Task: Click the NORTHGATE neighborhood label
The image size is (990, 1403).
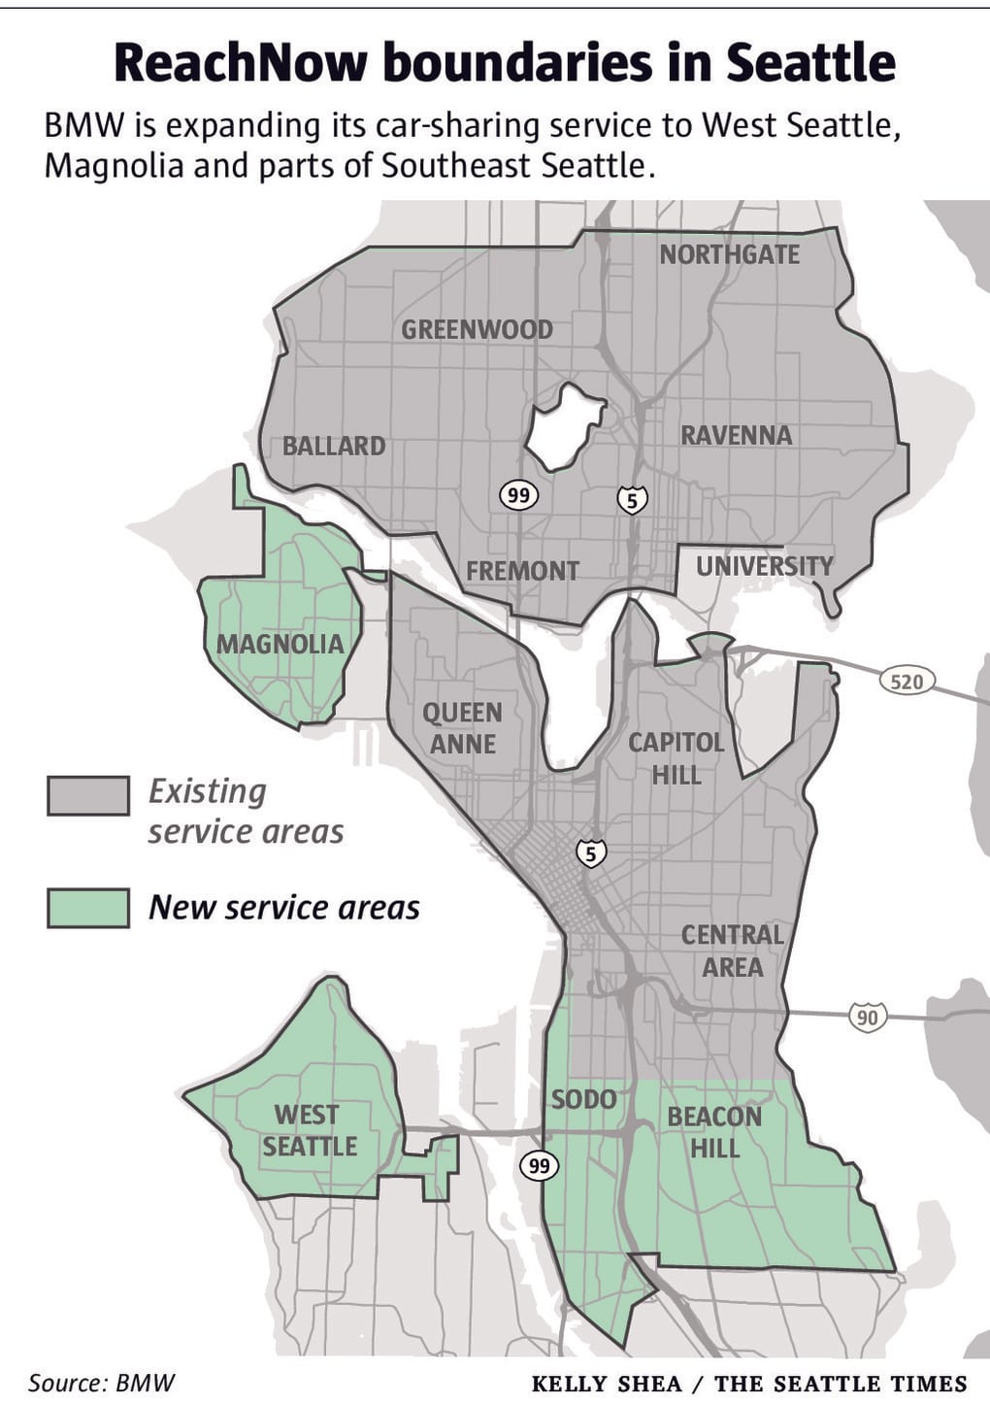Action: click(x=729, y=254)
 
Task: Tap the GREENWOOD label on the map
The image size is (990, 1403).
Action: click(x=477, y=329)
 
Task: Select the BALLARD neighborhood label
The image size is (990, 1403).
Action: click(x=334, y=446)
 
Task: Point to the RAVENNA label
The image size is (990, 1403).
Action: click(x=736, y=435)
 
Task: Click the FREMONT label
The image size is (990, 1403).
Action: click(x=522, y=571)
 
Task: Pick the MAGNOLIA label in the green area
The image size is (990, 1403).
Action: click(x=280, y=644)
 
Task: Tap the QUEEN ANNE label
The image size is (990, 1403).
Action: click(x=463, y=728)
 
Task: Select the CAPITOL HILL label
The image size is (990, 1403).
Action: click(x=676, y=758)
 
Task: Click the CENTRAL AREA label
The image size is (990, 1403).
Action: click(x=732, y=951)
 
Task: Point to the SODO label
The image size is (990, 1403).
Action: click(x=583, y=1099)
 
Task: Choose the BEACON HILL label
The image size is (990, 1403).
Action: click(x=714, y=1132)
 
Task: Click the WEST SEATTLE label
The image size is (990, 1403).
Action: click(x=309, y=1130)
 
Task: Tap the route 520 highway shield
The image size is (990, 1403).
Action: click(x=907, y=682)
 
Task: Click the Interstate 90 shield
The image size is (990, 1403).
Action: click(x=867, y=1017)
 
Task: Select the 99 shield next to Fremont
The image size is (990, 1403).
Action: click(x=518, y=495)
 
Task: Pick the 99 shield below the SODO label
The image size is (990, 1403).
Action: click(x=539, y=1165)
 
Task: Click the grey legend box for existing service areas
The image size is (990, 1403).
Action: click(x=88, y=795)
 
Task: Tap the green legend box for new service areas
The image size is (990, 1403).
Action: click(x=88, y=908)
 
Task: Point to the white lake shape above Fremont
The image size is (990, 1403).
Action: click(x=562, y=426)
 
